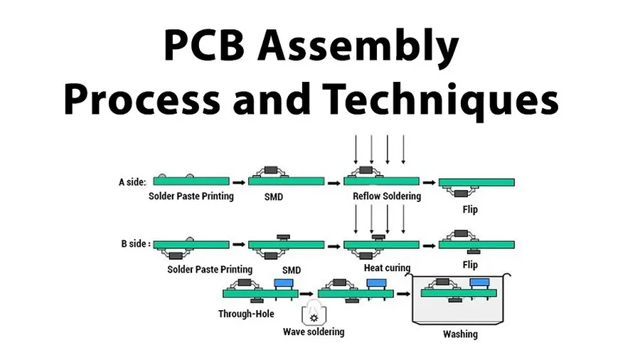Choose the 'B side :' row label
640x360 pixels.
click(x=135, y=244)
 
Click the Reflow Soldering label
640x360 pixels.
click(x=386, y=196)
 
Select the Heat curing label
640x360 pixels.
click(x=387, y=268)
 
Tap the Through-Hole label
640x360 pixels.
click(x=246, y=313)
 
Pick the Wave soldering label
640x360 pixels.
click(x=314, y=332)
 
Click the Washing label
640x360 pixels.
click(x=460, y=334)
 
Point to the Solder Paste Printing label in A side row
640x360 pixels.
click(x=191, y=196)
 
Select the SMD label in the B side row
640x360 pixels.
click(x=292, y=270)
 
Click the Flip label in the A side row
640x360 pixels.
click(x=470, y=209)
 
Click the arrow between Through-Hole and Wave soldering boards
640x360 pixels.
click(x=306, y=292)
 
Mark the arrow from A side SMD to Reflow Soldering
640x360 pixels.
click(x=334, y=181)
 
